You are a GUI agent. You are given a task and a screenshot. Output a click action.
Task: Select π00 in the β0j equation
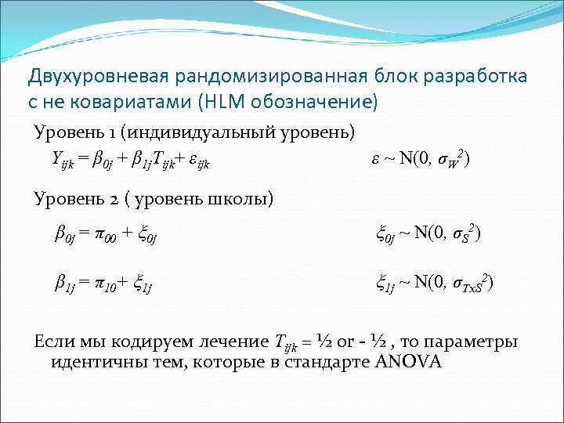110,234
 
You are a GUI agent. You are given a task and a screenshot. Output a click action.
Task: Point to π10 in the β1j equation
110,283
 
